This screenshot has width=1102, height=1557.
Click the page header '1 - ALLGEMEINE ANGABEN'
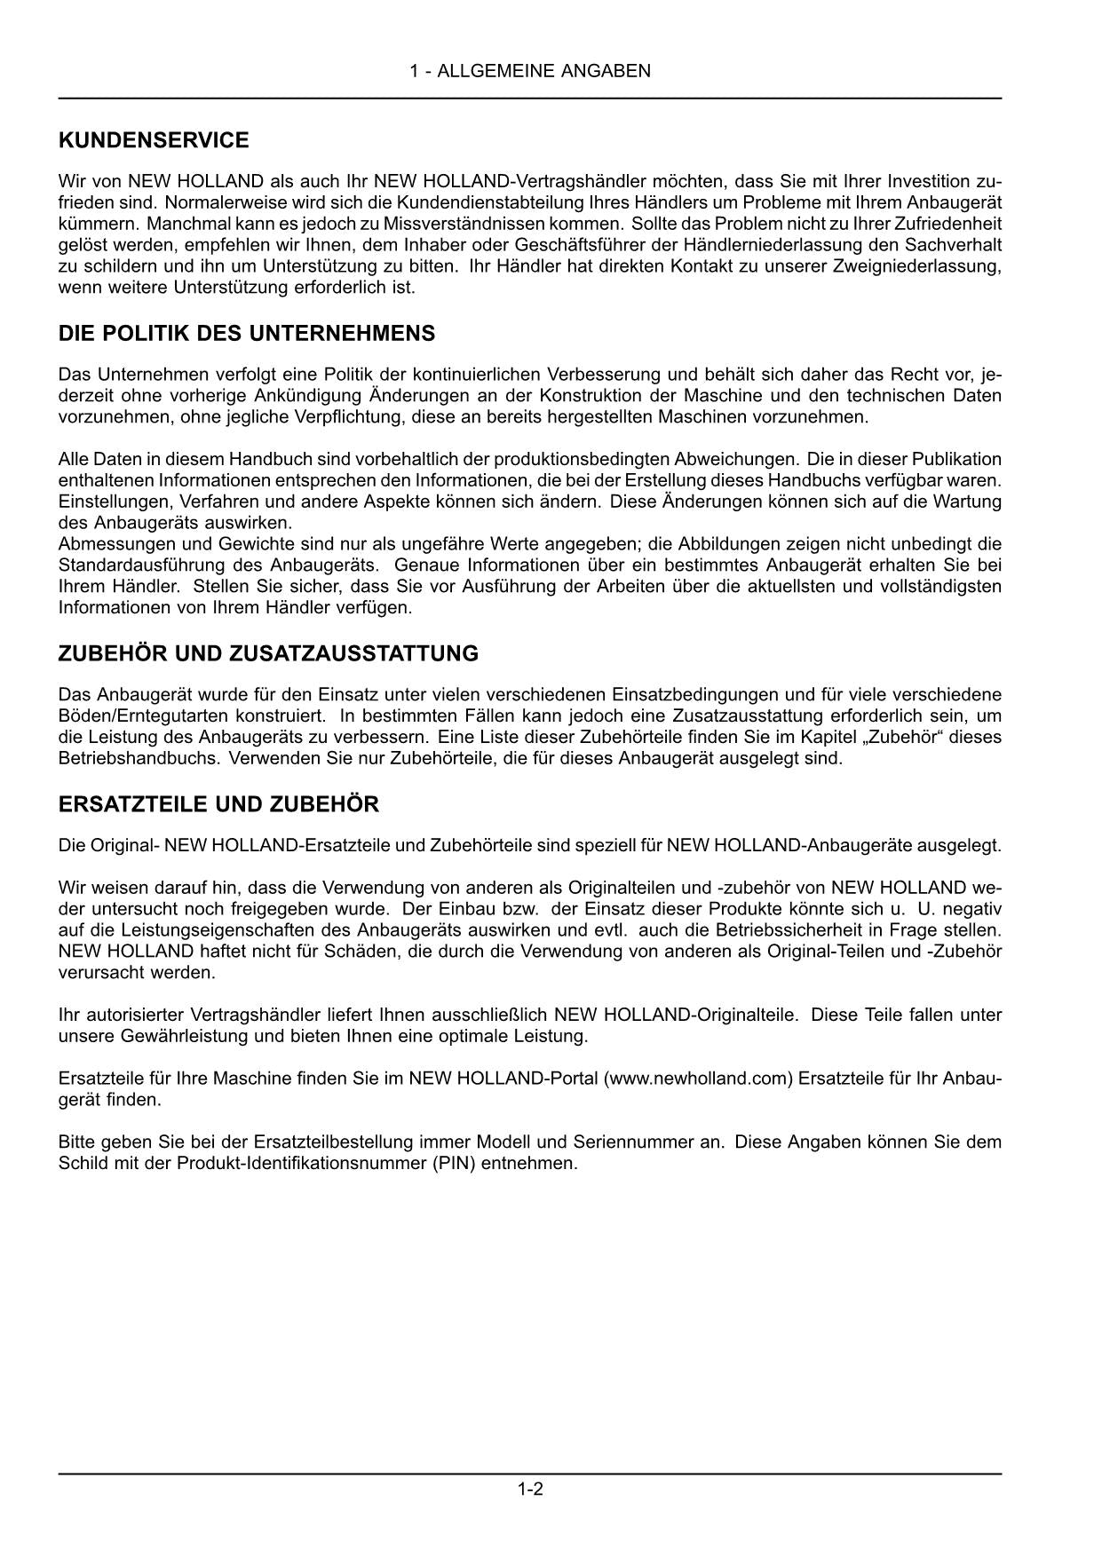530,71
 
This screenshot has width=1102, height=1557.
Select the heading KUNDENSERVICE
154,140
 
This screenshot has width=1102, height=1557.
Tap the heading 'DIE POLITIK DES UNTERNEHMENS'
247,334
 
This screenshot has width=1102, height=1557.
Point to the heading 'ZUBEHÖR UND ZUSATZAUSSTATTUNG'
268,653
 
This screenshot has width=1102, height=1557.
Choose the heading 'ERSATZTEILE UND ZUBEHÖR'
218,804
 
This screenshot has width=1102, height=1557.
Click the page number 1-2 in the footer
530,1489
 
